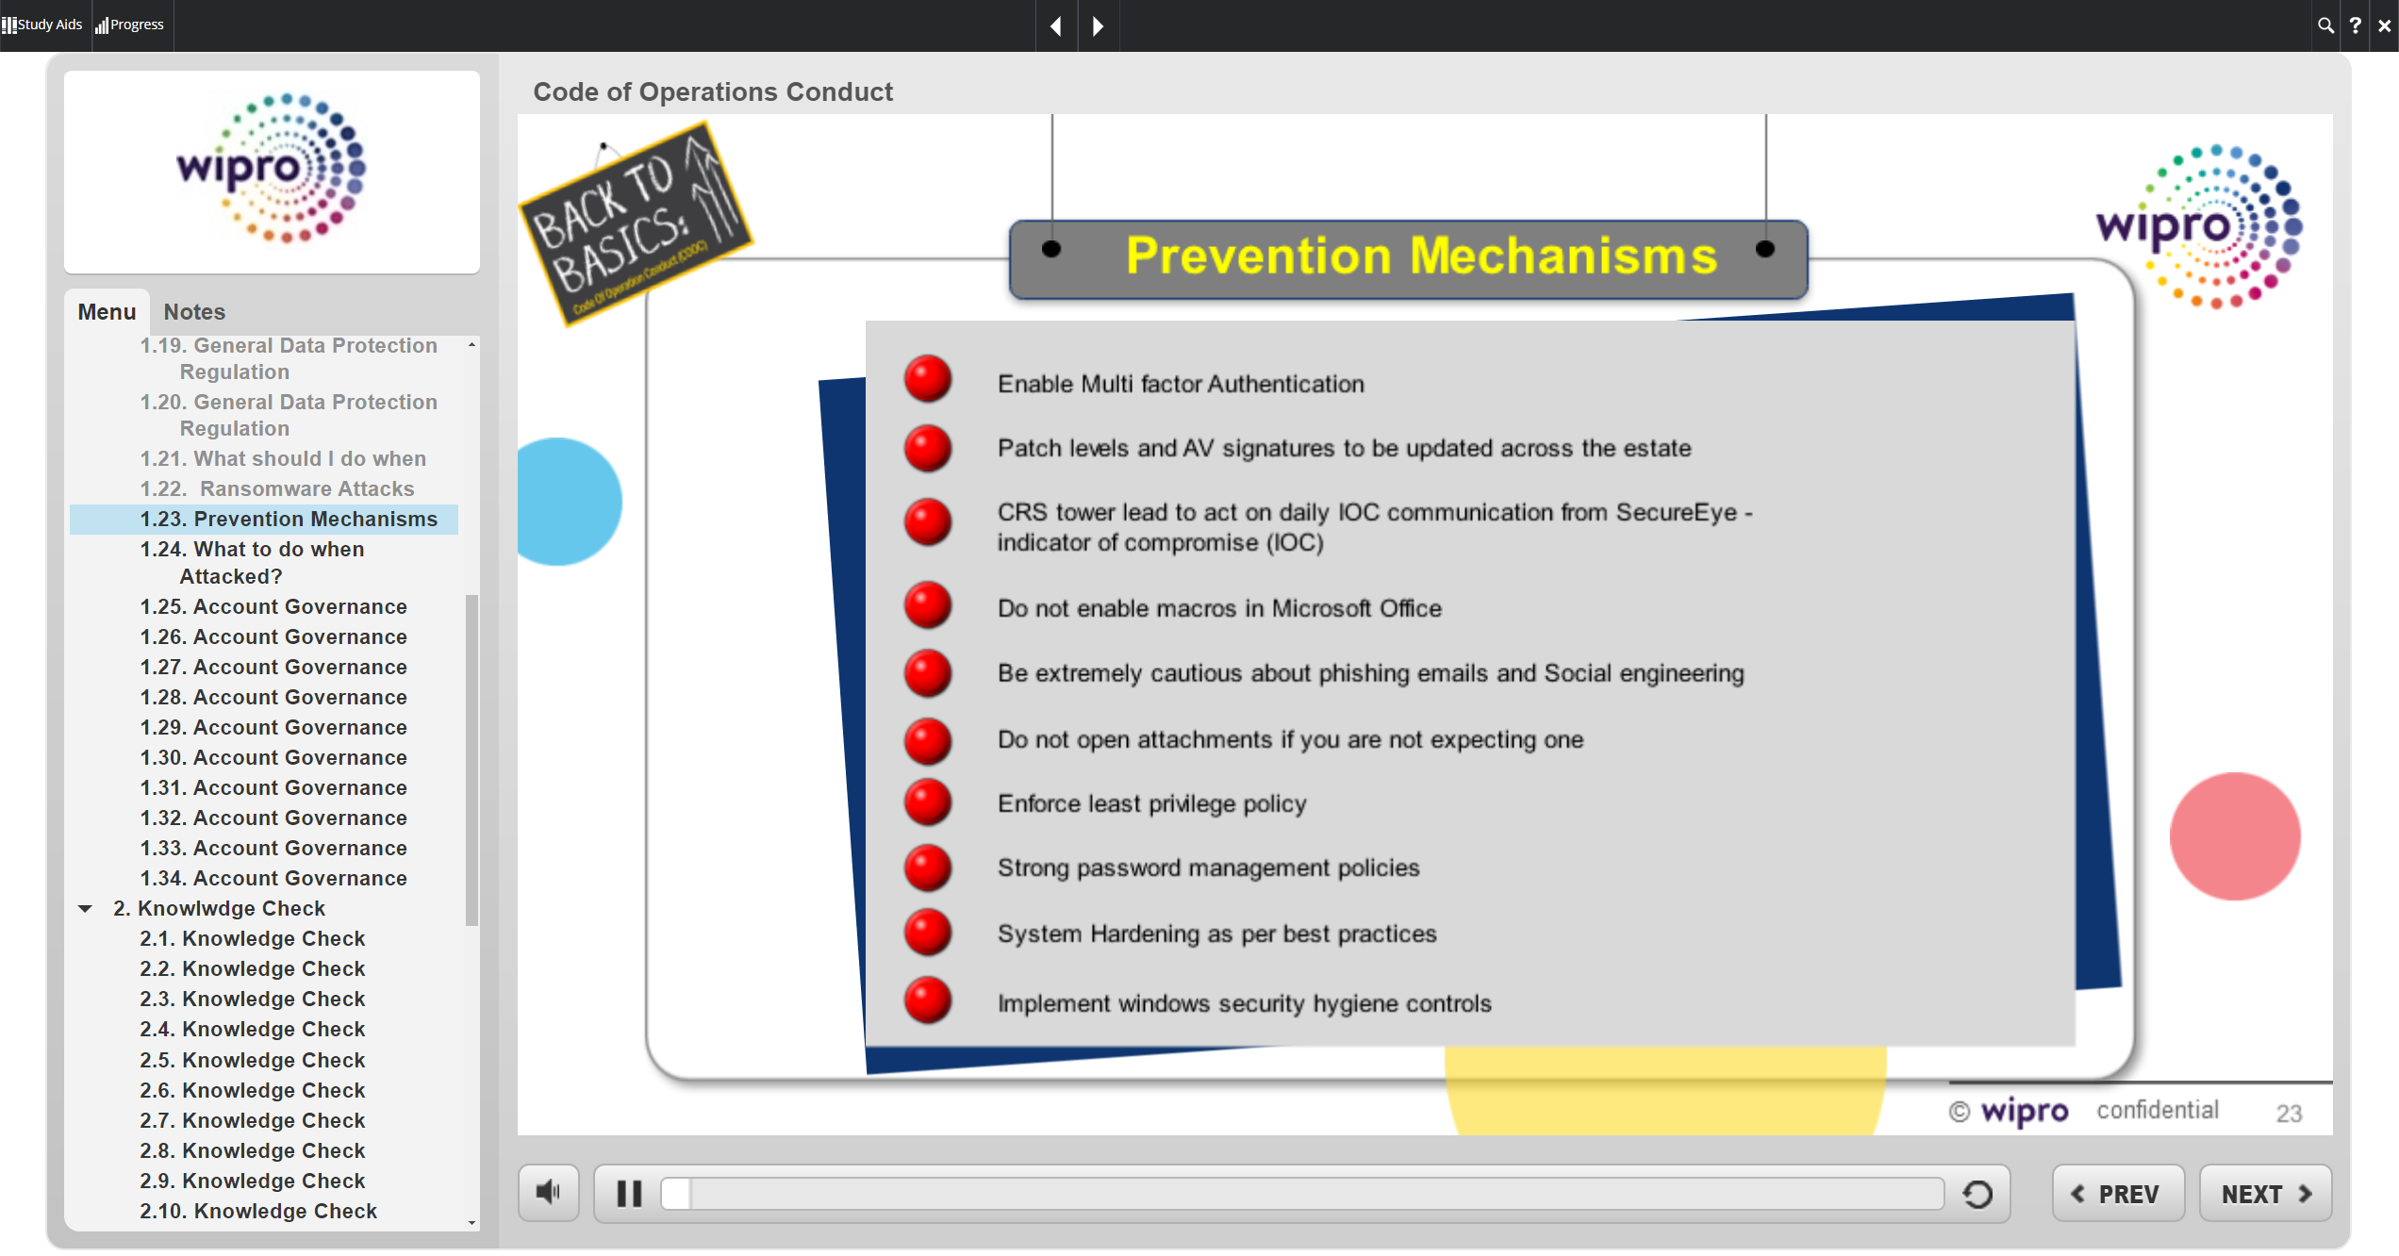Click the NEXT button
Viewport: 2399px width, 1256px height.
[x=2265, y=1194]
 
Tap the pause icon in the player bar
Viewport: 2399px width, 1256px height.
[x=629, y=1194]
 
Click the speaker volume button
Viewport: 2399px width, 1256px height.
[x=548, y=1193]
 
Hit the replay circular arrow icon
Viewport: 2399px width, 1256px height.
[x=1977, y=1194]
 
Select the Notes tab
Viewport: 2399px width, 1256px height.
[x=194, y=312]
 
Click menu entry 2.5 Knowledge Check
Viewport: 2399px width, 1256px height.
[x=252, y=1060]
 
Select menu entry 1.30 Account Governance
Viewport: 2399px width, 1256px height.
[x=273, y=757]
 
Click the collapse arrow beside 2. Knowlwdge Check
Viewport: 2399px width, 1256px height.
[x=85, y=909]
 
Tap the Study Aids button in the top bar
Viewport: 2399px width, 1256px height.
[x=42, y=25]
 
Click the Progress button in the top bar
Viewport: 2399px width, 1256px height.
[x=130, y=25]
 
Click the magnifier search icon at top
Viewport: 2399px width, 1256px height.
[x=2325, y=25]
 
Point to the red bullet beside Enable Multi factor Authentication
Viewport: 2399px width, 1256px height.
[x=928, y=379]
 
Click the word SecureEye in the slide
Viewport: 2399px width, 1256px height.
[x=1676, y=512]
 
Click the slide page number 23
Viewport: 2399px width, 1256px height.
[x=2289, y=1114]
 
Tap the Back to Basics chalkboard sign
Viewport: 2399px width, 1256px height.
[x=635, y=223]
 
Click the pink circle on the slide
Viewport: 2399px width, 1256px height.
[x=2234, y=836]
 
